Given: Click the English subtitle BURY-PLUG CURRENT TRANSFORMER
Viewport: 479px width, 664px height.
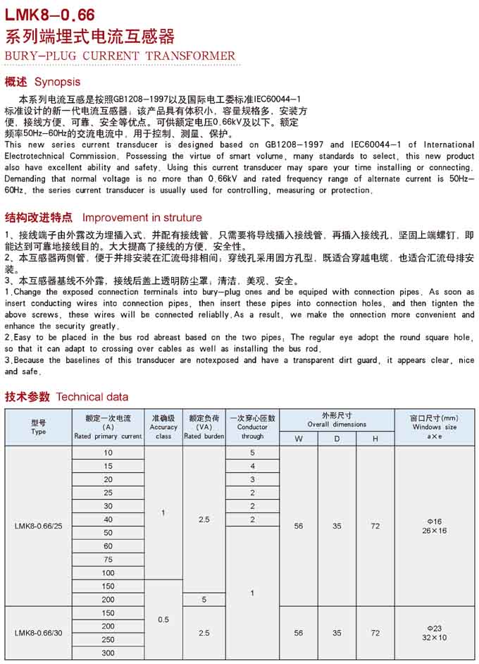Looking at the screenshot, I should point(120,56).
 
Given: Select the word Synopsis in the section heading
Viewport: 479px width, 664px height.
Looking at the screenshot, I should point(57,82).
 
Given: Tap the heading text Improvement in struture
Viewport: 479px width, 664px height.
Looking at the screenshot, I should point(142,218).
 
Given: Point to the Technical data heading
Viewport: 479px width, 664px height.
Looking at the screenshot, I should point(92,397).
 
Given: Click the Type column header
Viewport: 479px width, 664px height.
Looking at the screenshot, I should point(39,427).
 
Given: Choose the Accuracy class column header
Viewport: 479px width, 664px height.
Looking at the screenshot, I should point(163,427).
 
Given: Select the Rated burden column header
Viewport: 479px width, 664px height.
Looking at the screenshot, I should point(204,427).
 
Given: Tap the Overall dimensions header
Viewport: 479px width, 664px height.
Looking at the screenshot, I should point(337,420).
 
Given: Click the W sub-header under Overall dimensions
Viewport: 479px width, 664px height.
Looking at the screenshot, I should point(299,439).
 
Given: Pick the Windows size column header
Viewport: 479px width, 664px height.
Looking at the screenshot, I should point(435,427).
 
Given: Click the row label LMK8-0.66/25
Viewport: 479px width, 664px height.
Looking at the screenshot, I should point(39,526).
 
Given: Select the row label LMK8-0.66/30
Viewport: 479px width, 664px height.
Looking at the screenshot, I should point(39,633).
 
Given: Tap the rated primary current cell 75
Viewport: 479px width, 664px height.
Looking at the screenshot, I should point(108,560).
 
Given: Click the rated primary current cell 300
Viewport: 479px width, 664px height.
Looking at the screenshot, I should point(108,653).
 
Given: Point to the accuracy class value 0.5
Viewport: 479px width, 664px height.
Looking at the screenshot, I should point(163,620).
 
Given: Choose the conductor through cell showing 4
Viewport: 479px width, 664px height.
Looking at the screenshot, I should point(252,466).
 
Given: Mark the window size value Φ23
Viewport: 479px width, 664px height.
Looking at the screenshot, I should point(435,627).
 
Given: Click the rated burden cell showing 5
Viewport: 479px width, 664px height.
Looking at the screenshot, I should point(204,600).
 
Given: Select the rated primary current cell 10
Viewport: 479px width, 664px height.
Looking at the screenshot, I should point(108,453).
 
